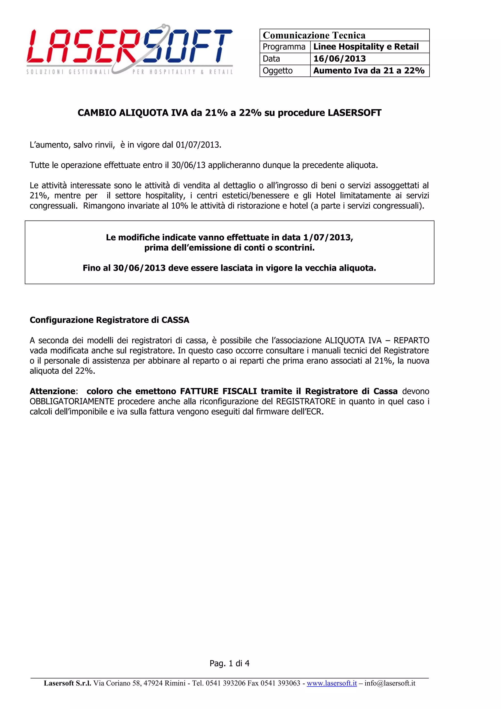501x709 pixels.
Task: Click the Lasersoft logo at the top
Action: coord(130,49)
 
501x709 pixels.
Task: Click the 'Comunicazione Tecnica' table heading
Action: coord(314,35)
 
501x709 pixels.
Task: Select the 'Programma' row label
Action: coord(284,47)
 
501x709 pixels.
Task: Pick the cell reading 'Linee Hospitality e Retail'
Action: coord(366,47)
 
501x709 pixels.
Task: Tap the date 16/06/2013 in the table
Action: coord(340,59)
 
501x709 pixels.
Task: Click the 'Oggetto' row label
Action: coord(277,71)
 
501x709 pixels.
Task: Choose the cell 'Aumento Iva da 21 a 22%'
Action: coord(369,71)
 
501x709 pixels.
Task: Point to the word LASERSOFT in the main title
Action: coord(354,113)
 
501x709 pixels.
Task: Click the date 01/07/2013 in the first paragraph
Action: coord(198,145)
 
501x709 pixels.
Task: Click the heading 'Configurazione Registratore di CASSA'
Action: coord(109,320)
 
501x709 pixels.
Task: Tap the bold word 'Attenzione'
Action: coord(52,391)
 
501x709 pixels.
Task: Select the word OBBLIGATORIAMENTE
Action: coord(72,401)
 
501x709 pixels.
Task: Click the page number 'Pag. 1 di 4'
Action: coord(229,663)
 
